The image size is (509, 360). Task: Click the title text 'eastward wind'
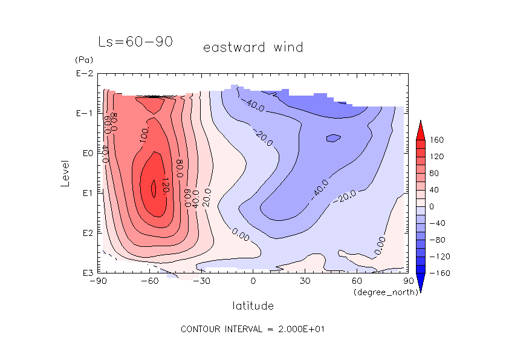click(x=253, y=47)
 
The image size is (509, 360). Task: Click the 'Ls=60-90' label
click(x=135, y=42)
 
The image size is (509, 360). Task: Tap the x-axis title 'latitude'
click(x=253, y=306)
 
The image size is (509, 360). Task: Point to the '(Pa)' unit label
click(x=83, y=60)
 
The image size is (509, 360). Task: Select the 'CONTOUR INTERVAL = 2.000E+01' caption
click(x=253, y=329)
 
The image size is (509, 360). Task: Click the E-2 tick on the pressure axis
click(x=84, y=74)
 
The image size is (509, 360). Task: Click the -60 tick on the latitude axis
click(x=149, y=282)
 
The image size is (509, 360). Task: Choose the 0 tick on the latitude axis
click(x=253, y=282)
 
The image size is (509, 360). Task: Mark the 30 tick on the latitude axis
click(x=305, y=282)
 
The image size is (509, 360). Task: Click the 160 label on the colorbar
click(x=438, y=140)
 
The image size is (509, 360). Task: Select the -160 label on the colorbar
click(x=440, y=273)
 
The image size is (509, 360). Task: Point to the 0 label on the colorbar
click(x=433, y=206)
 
